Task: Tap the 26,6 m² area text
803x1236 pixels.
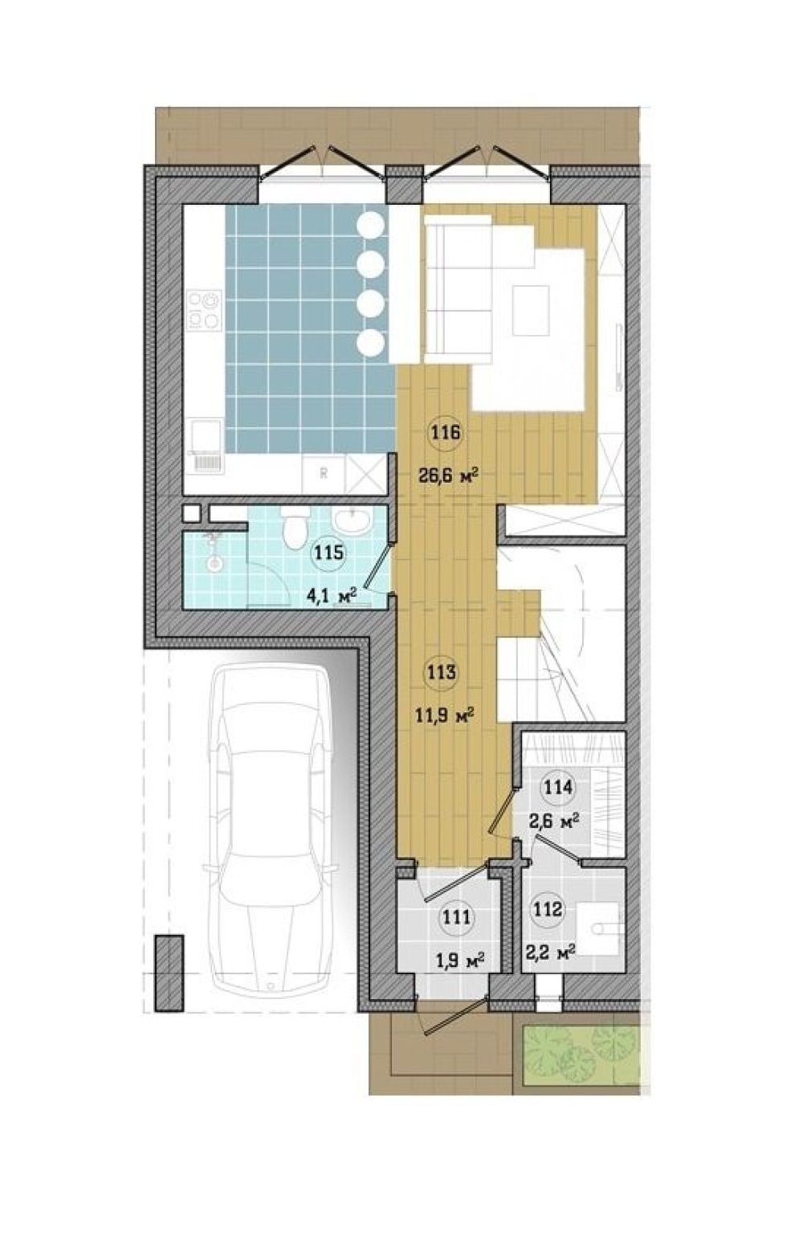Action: click(447, 475)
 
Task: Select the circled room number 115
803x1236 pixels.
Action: click(329, 552)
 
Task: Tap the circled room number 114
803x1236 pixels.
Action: click(559, 787)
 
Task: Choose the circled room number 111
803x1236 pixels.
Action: click(456, 917)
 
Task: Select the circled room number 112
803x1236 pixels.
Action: click(548, 908)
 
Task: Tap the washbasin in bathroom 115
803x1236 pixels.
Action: click(350, 520)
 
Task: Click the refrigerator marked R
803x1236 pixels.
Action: click(324, 475)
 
